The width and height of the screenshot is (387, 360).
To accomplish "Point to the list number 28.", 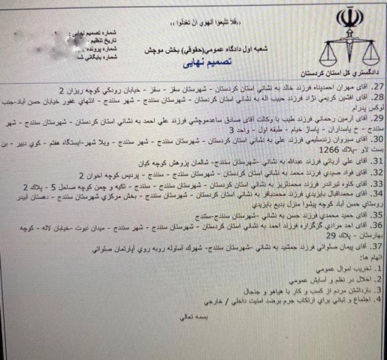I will pos(378,97).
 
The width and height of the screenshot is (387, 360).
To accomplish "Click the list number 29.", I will pos(378,117).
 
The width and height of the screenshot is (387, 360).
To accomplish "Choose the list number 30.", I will pos(378,139).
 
